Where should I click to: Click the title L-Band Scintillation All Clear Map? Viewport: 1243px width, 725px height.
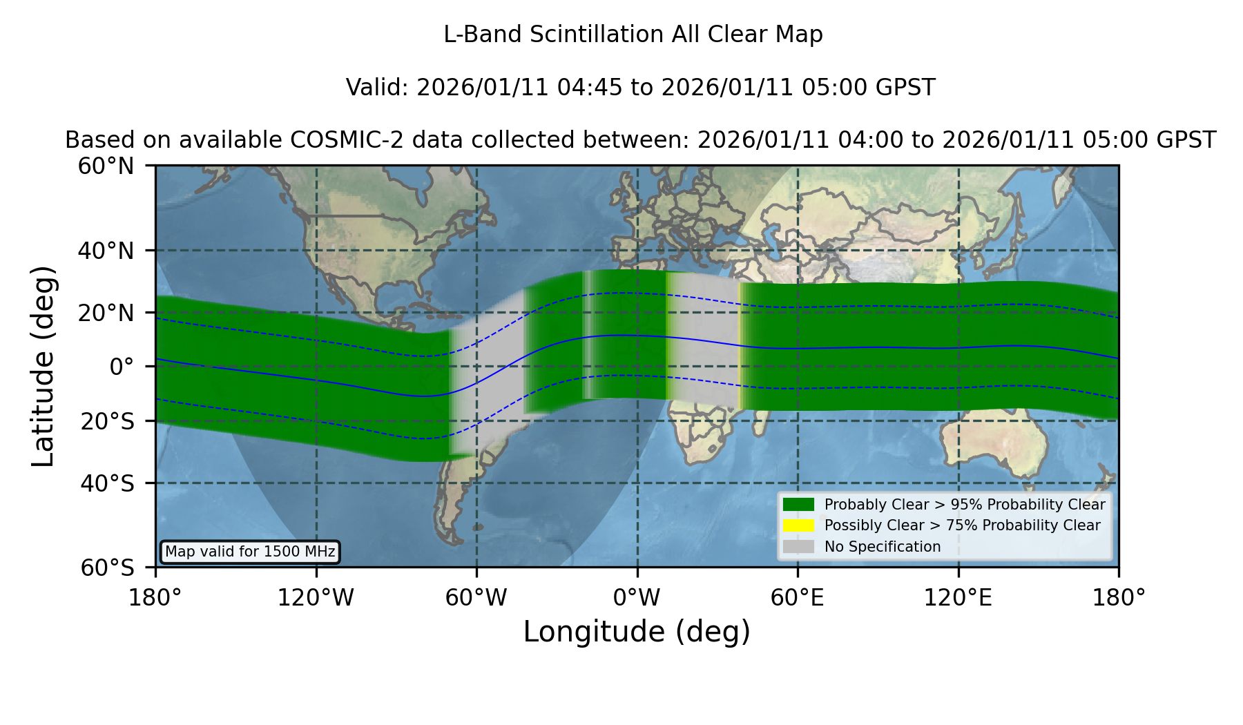[633, 35]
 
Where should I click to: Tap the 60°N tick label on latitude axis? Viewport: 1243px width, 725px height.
[106, 166]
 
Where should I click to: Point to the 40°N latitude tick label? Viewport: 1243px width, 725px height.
[106, 251]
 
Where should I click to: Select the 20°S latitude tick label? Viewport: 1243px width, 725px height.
[107, 421]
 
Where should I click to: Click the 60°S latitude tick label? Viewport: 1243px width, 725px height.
[107, 568]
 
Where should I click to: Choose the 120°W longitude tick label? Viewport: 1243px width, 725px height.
[316, 598]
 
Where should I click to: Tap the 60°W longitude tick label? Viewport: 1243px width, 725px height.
[476, 598]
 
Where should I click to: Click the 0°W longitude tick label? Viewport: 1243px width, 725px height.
[637, 598]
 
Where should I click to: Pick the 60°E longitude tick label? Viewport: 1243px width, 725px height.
[798, 598]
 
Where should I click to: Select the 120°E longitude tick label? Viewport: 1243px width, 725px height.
[958, 598]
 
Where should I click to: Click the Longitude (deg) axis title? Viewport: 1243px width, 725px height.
[637, 632]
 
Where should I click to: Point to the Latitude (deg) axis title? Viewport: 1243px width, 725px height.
[44, 366]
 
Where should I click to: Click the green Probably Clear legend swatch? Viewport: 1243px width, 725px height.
[798, 505]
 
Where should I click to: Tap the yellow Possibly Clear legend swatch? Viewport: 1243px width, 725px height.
[798, 525]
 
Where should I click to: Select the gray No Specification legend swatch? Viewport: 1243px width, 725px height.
[798, 547]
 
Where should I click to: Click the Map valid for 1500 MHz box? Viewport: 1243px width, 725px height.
[250, 552]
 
